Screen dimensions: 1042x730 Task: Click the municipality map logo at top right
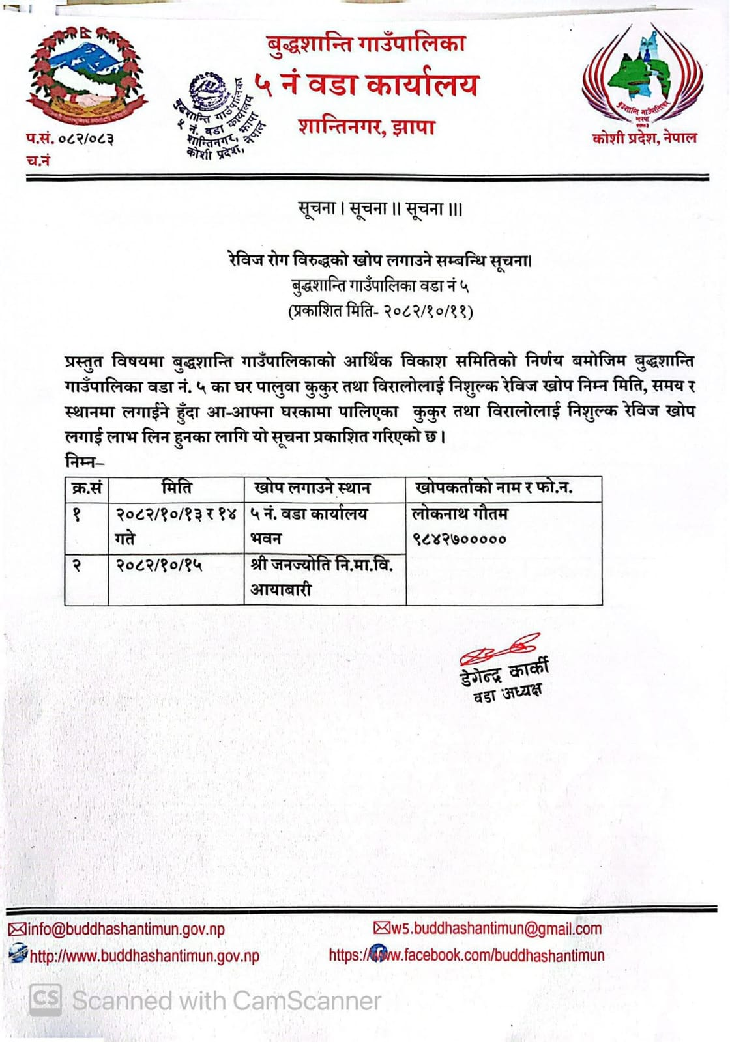tap(643, 77)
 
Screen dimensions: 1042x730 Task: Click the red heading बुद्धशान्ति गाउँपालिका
tap(366, 44)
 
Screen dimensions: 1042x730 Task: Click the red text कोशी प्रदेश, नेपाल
tap(644, 138)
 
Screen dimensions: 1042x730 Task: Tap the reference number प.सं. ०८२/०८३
tap(70, 139)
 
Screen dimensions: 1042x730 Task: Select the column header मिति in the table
tap(177, 488)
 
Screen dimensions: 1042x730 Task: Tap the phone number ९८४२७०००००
tap(459, 539)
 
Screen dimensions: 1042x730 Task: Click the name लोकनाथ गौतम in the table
tap(460, 514)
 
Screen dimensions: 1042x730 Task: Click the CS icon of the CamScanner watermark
tap(46, 999)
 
